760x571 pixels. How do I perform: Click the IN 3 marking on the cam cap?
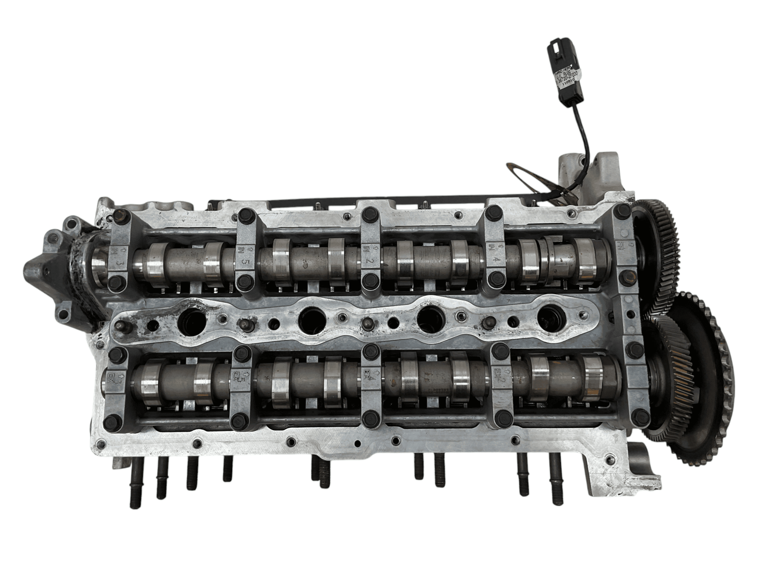coord(120,257)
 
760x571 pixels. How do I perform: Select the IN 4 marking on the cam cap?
coord(495,253)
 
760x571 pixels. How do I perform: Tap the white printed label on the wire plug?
coord(567,76)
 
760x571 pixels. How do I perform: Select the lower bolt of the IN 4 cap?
coord(496,278)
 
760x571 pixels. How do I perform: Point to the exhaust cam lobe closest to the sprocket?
coord(592,378)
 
